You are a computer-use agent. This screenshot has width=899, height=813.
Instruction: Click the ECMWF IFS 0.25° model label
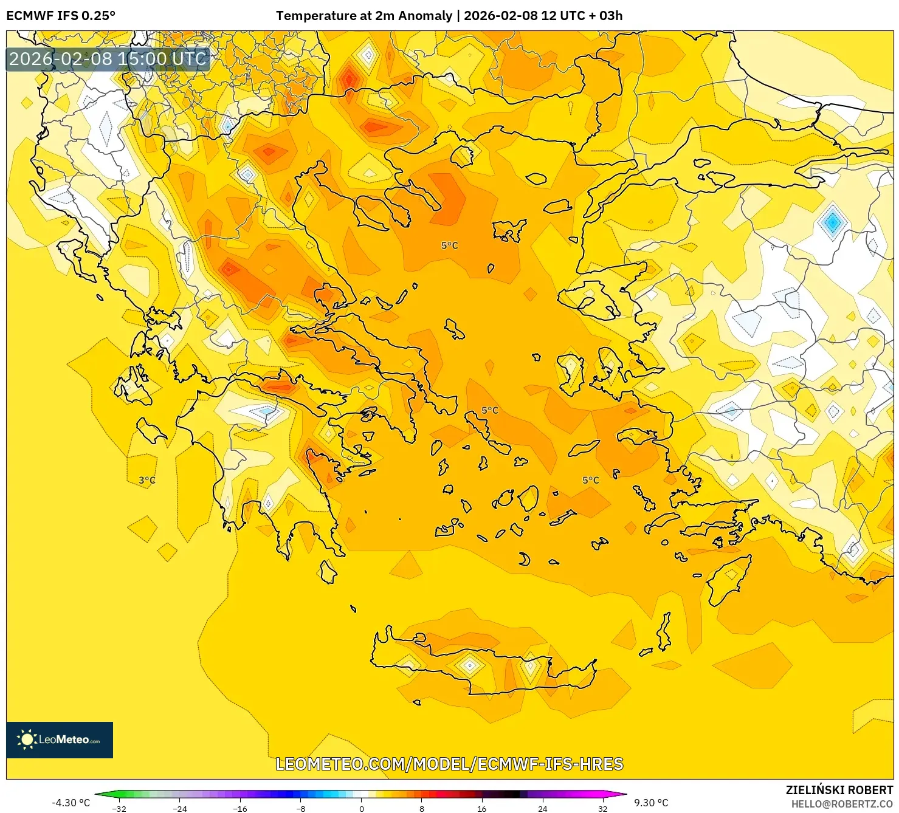(60, 16)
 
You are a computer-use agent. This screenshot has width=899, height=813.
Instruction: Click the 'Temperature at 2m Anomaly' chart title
(363, 16)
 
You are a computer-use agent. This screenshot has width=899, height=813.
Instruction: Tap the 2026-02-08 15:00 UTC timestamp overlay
(108, 59)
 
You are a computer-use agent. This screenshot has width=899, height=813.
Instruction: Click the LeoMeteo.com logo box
(60, 739)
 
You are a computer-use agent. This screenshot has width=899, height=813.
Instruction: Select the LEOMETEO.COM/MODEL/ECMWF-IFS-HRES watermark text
(449, 764)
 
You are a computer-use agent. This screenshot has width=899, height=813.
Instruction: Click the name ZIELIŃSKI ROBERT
(839, 791)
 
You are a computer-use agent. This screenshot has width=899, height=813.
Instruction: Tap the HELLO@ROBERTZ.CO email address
(841, 804)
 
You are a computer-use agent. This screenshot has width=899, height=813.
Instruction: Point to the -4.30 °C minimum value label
(71, 803)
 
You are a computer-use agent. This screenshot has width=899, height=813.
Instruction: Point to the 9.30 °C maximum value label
(651, 803)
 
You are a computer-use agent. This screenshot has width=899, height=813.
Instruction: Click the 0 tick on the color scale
(362, 808)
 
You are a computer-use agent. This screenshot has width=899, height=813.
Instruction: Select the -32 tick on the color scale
(119, 808)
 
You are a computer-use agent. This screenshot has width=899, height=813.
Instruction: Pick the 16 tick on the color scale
(481, 808)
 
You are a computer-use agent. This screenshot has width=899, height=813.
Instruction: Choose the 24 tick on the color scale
(542, 808)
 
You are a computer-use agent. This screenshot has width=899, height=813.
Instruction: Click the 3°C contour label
(147, 480)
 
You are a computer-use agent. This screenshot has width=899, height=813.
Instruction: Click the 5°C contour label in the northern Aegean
(449, 245)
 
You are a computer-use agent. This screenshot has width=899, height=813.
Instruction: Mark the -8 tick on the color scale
(301, 808)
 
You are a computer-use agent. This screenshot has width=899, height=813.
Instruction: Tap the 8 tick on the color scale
(421, 808)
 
